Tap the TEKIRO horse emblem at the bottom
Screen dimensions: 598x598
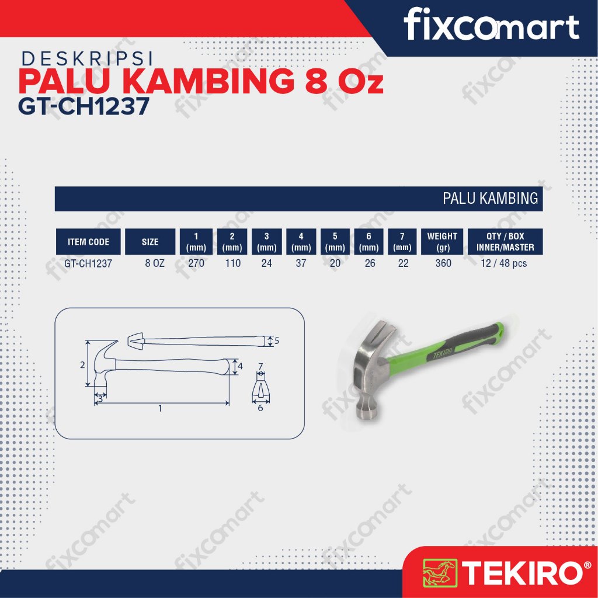[x=439, y=572]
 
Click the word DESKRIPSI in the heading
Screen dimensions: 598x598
[x=88, y=59]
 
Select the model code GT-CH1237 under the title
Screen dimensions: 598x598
[x=84, y=106]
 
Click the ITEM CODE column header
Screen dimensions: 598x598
[x=88, y=242]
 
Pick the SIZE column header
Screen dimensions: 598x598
[x=150, y=242]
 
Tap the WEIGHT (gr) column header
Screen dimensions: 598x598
[x=442, y=242]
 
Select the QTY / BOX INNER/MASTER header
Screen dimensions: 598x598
[x=505, y=242]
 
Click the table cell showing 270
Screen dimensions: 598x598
[x=196, y=263]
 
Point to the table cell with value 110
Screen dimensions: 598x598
[x=232, y=263]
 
